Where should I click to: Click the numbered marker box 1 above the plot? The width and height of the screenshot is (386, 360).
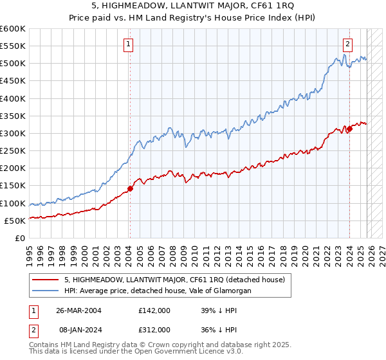click(129, 44)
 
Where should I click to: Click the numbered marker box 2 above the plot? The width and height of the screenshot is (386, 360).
click(347, 44)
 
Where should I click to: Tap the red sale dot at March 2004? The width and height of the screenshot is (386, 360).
click(130, 188)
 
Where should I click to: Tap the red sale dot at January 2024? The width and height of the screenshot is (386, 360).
click(349, 129)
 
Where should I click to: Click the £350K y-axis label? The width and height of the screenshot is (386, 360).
click(13, 116)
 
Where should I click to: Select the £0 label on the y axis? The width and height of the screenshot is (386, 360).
click(21, 238)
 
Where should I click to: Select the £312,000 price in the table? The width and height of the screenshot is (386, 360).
click(154, 330)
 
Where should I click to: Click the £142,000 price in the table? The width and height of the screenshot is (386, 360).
click(154, 310)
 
